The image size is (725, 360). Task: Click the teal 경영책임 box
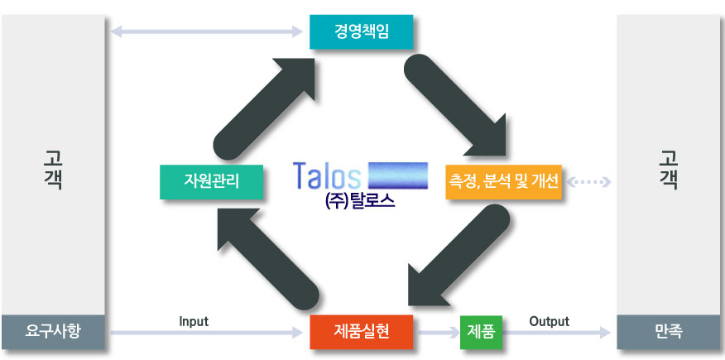(361, 32)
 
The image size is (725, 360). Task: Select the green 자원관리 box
(212, 180)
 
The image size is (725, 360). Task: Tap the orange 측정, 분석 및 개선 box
(503, 180)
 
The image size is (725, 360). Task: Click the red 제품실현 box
(361, 332)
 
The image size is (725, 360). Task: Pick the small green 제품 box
(481, 332)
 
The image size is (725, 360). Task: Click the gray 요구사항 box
(53, 333)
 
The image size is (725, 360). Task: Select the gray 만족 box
(669, 333)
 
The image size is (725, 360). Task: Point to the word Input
(194, 321)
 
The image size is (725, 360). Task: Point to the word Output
(549, 321)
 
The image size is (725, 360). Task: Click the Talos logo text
(327, 176)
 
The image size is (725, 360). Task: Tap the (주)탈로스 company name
(361, 201)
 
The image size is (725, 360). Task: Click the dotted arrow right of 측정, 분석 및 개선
(589, 180)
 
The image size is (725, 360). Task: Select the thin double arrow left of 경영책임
(207, 32)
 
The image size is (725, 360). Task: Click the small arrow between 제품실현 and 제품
(436, 333)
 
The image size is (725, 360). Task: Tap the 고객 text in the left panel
(52, 170)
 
